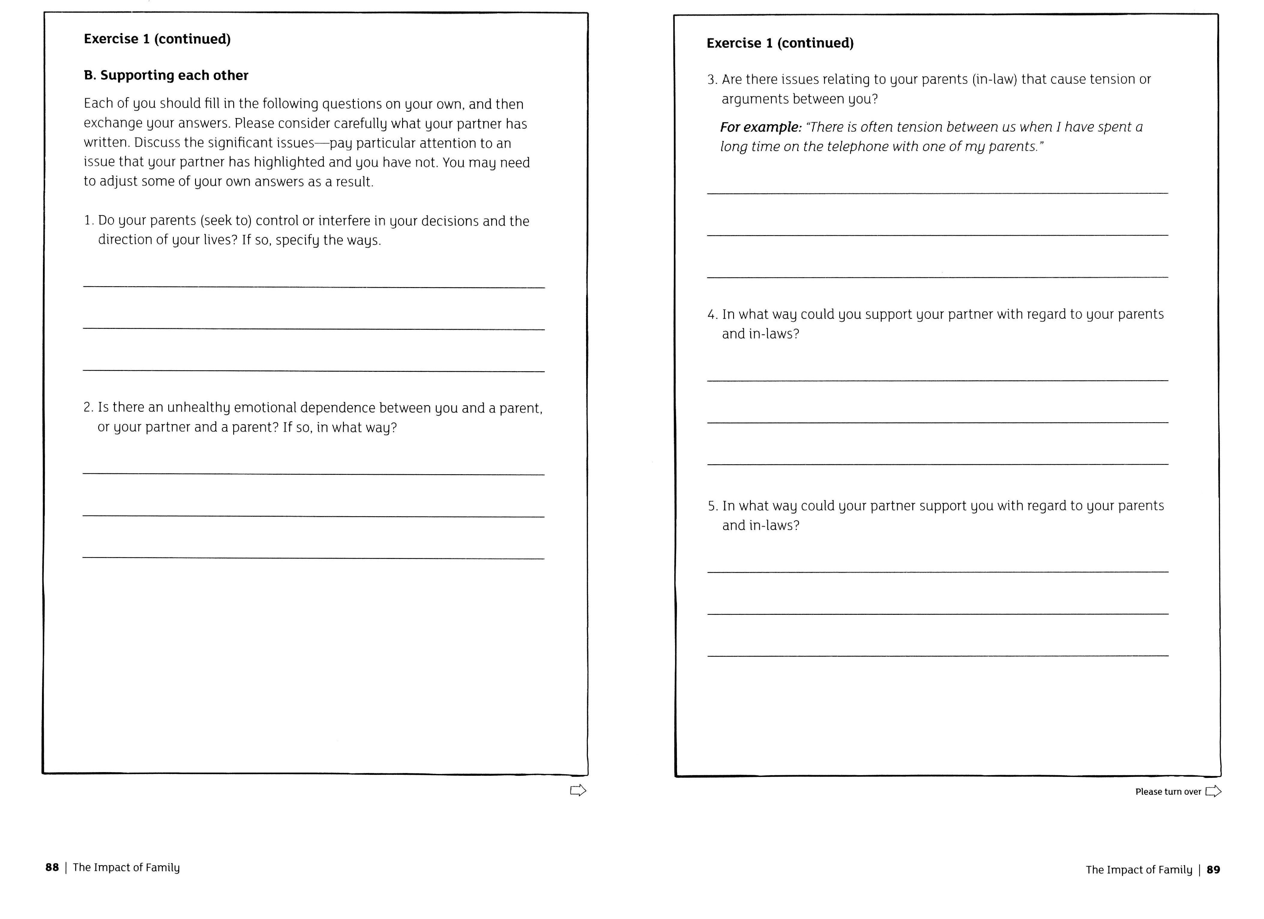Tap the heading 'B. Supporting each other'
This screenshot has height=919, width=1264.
tap(166, 75)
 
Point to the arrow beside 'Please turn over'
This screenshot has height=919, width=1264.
tap(1213, 791)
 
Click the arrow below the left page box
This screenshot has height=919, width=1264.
tap(578, 790)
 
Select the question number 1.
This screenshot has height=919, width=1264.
tap(88, 221)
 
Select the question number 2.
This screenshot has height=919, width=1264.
tap(88, 408)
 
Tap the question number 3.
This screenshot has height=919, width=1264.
tap(712, 80)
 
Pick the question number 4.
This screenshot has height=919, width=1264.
tap(712, 314)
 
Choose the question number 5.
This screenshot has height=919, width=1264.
tap(712, 506)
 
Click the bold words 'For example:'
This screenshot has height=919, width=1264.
tap(760, 127)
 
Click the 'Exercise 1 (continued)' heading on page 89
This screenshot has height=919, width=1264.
tap(780, 43)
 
